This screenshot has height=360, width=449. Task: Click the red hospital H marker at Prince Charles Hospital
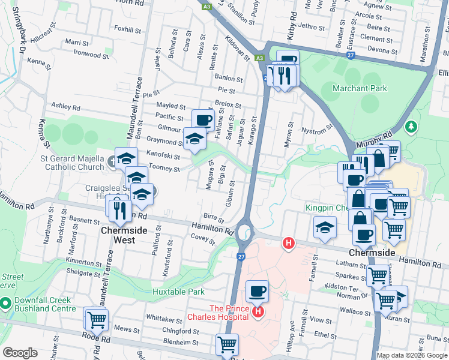pyautogui.click(x=259, y=311)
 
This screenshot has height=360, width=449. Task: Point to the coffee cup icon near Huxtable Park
pyautogui.click(x=257, y=292)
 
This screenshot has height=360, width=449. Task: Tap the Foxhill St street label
pyautogui.click(x=127, y=29)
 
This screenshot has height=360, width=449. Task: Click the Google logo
pyautogui.click(x=20, y=353)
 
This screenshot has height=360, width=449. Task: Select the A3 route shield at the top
pyautogui.click(x=207, y=6)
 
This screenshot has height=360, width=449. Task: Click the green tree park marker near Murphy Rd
pyautogui.click(x=411, y=127)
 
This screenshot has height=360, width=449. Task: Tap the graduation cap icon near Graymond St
pyautogui.click(x=194, y=139)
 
